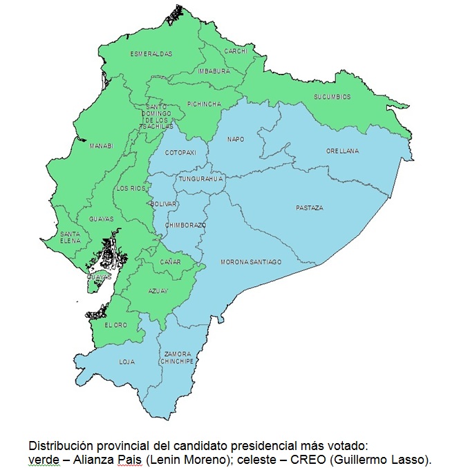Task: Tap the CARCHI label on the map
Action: [x=236, y=51]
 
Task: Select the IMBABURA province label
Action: [x=214, y=71]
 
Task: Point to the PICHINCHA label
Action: [x=205, y=104]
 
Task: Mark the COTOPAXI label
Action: [x=182, y=152]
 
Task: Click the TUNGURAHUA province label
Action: [x=201, y=179]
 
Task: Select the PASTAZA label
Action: [x=309, y=207]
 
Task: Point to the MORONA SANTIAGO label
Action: [x=251, y=262]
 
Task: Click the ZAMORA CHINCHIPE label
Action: [x=178, y=357]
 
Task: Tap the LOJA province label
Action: [x=126, y=361]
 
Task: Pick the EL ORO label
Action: [x=115, y=324]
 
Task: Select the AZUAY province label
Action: [x=158, y=291]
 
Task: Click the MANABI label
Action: [x=101, y=146]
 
